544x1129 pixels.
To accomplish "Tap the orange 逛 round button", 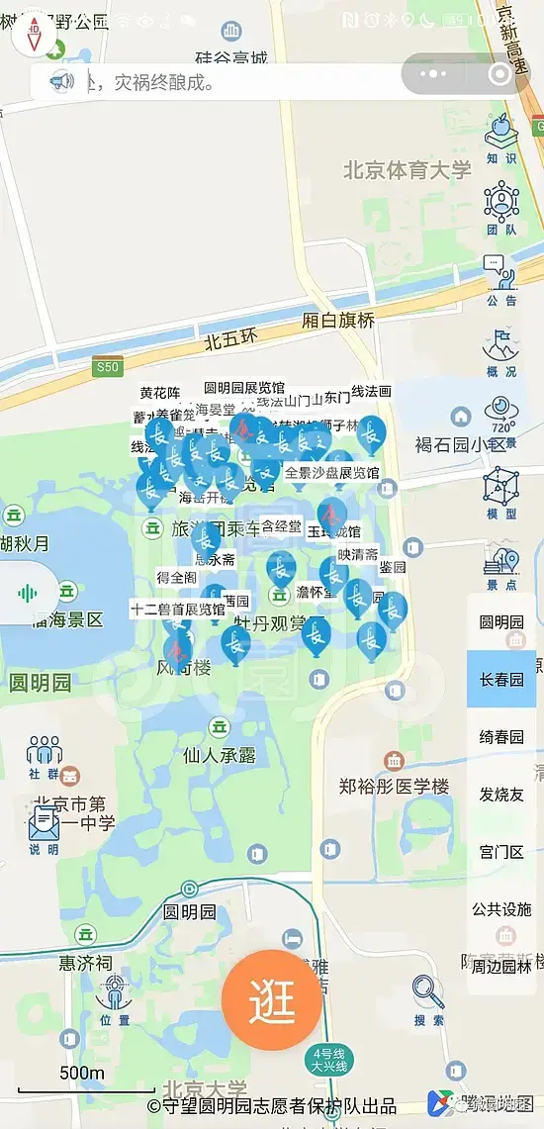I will (272, 999).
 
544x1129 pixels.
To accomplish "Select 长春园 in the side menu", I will (501, 679).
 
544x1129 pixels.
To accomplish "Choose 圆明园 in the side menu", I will (501, 621).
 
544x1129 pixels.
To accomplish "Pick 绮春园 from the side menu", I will (501, 736).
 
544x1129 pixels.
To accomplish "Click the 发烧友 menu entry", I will (501, 794).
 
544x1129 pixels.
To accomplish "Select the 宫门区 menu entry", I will (501, 851).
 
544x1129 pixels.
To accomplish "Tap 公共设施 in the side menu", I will (501, 908).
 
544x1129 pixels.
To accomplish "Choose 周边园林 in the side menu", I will (501, 966).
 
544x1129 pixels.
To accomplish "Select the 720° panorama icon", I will (502, 416).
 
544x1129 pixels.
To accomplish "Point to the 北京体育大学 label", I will (408, 170).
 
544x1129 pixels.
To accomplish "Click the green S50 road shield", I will (107, 366).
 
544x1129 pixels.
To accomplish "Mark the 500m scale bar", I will (83, 1088).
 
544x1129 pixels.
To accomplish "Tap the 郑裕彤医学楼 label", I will (394, 787).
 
